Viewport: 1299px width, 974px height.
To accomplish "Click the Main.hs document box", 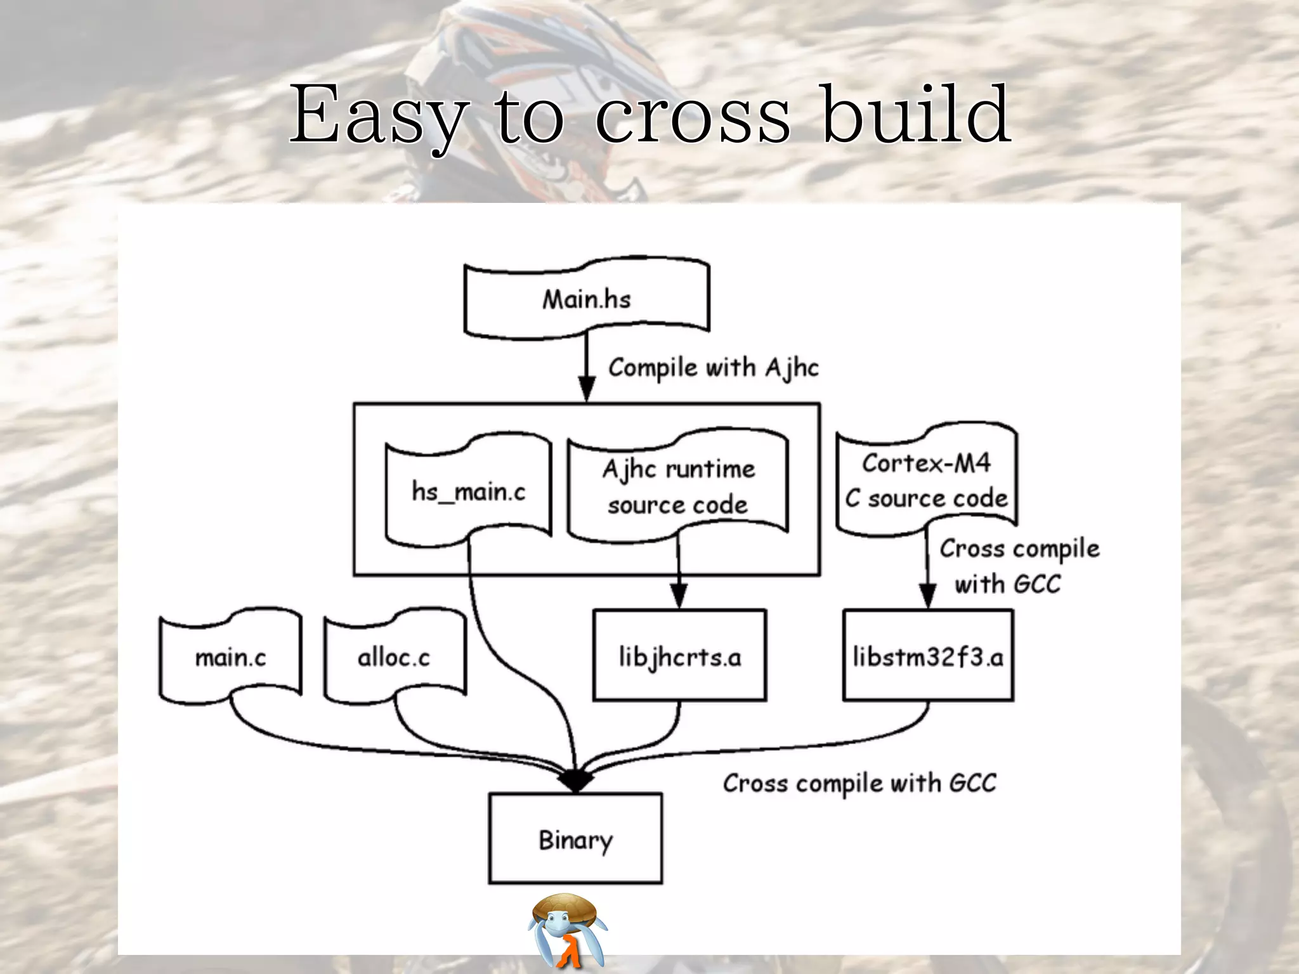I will click(587, 298).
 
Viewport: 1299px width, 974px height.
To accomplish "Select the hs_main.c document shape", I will click(468, 490).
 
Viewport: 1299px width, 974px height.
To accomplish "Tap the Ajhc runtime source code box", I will click(678, 486).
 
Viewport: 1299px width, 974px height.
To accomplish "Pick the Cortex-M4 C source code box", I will click(927, 481).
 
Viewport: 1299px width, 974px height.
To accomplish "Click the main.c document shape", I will click(230, 657).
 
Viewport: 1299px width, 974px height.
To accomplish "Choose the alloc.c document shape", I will click(394, 657).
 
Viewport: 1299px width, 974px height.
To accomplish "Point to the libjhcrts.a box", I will click(679, 656).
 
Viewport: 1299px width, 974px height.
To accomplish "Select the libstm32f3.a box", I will click(928, 656).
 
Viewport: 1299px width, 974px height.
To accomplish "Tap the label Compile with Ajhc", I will click(713, 368).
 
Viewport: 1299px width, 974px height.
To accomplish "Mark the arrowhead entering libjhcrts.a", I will click(679, 597).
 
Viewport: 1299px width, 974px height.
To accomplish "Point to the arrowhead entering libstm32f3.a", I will click(927, 597).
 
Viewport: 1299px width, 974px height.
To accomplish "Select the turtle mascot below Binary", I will click(566, 929).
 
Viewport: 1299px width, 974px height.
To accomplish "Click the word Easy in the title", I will click(379, 115).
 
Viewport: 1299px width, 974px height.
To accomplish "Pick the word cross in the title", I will click(693, 115).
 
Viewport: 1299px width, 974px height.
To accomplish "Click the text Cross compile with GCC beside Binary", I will click(859, 783).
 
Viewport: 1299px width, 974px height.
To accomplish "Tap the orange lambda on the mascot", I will click(569, 952).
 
